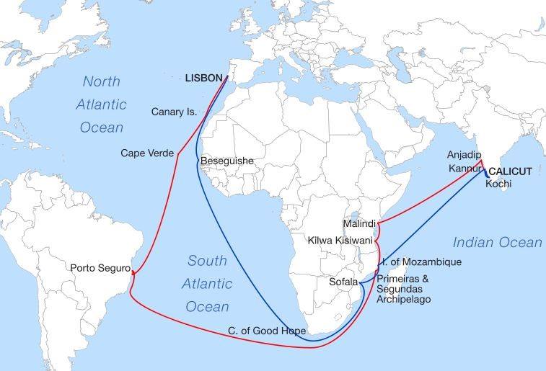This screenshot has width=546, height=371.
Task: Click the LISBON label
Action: [x=204, y=77]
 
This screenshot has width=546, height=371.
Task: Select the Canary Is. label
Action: [x=175, y=112]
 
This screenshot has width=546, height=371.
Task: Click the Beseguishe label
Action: [x=227, y=161]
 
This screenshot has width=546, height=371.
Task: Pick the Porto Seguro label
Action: [x=100, y=268]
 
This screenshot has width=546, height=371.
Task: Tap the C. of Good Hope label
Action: [x=267, y=331]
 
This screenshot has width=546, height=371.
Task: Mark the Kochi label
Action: [x=498, y=184]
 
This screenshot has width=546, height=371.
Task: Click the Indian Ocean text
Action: [x=497, y=243]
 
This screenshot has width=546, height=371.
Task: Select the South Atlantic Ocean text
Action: [x=208, y=283]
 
